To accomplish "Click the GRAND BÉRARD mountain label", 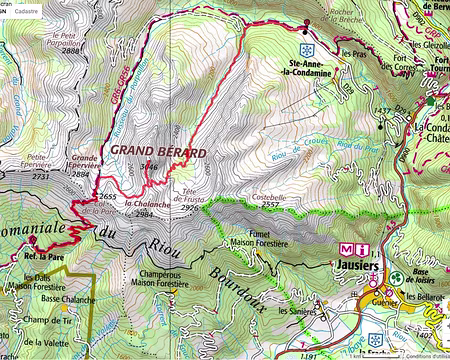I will (158, 151).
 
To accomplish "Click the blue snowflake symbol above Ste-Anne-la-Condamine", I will (308, 48).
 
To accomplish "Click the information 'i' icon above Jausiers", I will (365, 249).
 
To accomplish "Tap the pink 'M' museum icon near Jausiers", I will (348, 249).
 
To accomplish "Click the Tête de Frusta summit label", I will (192, 201).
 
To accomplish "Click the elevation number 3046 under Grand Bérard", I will (149, 166).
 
